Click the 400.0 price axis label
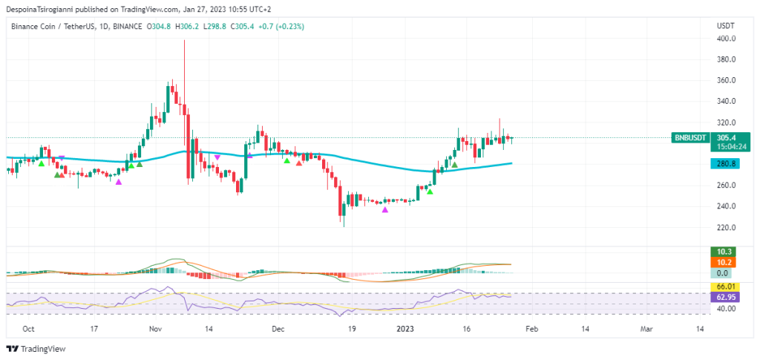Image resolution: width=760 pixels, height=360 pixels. (726, 39)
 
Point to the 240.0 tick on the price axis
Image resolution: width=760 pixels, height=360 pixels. (726, 206)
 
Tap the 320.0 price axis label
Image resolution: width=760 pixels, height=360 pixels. (726, 122)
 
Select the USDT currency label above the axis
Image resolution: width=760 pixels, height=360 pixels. (725, 26)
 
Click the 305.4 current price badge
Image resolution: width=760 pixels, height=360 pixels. (725, 137)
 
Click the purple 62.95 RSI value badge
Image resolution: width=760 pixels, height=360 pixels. (725, 297)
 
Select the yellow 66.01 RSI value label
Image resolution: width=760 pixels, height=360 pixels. (725, 287)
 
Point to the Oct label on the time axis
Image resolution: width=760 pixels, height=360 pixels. (28, 327)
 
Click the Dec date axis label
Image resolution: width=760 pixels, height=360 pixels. (277, 327)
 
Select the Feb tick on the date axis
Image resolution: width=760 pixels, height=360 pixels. (526, 327)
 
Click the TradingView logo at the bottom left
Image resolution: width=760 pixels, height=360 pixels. (37, 349)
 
